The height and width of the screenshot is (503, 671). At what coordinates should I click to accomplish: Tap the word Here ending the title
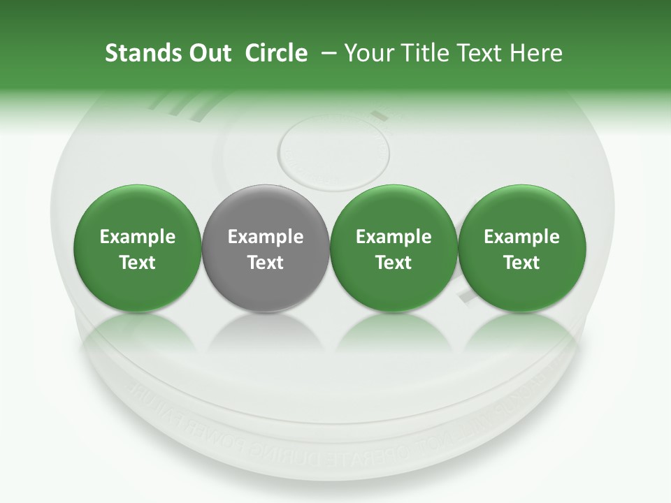pos(537,53)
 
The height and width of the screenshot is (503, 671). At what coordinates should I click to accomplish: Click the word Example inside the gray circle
pos(266,237)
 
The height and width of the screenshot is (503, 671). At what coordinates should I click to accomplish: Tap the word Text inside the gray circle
pos(266,263)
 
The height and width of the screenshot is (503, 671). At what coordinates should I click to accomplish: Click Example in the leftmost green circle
pos(137,237)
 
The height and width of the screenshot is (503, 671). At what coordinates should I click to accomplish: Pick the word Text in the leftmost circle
pos(137,263)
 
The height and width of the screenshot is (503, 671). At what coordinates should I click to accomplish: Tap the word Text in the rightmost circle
pos(521,263)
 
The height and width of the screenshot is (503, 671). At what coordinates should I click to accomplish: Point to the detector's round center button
pos(333,150)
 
